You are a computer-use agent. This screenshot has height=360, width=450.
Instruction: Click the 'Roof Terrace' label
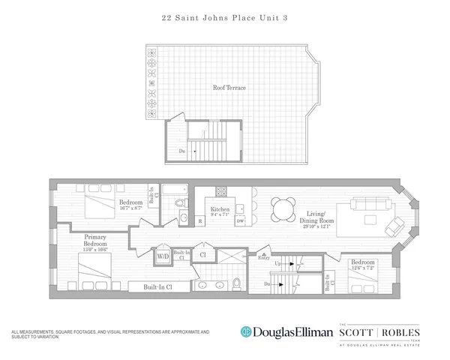(230, 88)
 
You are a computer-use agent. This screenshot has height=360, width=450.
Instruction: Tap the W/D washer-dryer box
(162, 256)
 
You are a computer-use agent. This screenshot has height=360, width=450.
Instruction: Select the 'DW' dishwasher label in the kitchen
(240, 221)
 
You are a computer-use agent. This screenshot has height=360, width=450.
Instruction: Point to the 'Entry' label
(264, 257)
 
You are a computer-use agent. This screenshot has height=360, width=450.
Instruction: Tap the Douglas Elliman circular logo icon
(245, 331)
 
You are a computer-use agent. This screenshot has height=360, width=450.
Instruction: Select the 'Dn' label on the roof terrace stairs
(182, 151)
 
